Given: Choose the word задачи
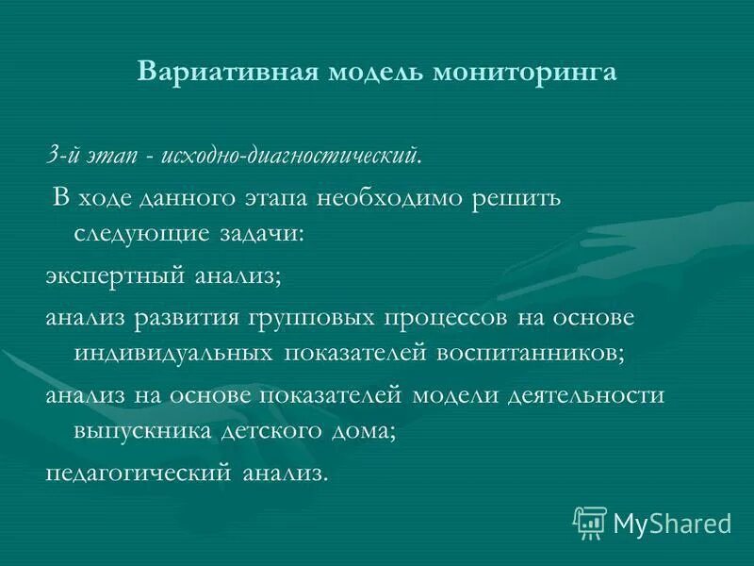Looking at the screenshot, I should (x=263, y=233).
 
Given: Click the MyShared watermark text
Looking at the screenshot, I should (x=672, y=523).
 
